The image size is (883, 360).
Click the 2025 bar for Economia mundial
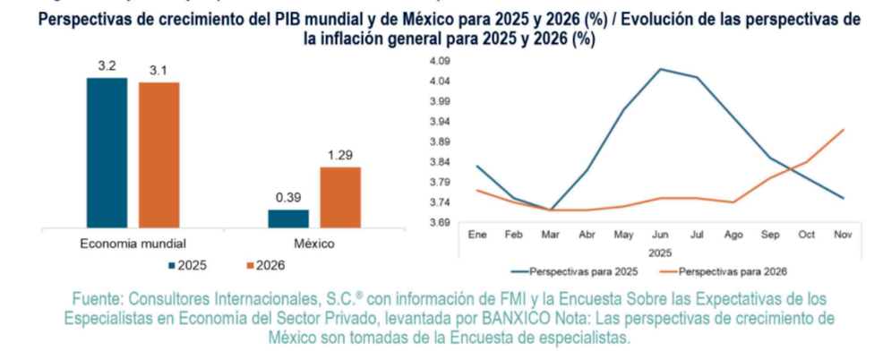coord(107,152)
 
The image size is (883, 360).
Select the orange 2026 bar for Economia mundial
coord(159,155)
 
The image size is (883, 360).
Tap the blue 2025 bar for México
coord(287,218)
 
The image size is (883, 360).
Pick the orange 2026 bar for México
coord(339,196)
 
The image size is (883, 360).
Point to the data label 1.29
coord(340,156)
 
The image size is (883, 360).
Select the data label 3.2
coord(107,67)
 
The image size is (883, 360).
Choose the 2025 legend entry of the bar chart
coord(189,266)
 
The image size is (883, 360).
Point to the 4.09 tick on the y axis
coord(441,61)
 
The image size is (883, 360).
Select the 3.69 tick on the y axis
coord(441,222)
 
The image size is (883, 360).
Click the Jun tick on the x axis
coord(660,235)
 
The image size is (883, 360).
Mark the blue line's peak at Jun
coord(660,69)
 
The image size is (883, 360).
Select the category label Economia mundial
coord(133,243)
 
